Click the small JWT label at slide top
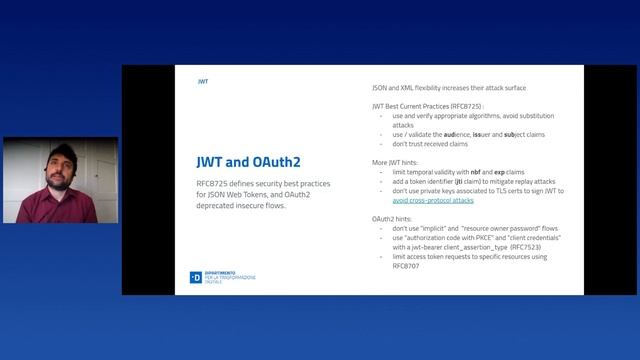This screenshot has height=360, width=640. [x=203, y=80]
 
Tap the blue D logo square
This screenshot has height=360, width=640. [x=196, y=277]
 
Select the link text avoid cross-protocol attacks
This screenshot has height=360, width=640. [x=433, y=200]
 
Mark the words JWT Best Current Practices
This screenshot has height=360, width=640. [x=410, y=105]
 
